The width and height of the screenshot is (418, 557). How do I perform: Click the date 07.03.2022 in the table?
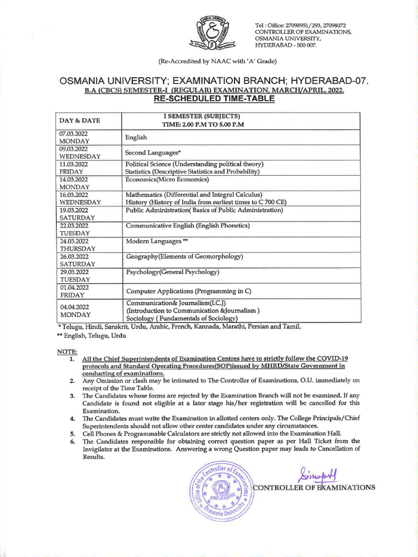(x=73, y=133)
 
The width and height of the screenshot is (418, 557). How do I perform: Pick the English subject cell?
(x=137, y=138)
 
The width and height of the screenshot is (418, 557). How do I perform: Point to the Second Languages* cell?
(x=153, y=153)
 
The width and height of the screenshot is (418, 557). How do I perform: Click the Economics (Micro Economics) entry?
(x=167, y=180)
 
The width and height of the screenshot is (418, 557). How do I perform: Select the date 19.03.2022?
(x=73, y=210)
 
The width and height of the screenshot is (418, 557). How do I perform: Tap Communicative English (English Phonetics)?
(x=188, y=225)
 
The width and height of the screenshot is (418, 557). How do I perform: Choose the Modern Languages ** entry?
(x=157, y=241)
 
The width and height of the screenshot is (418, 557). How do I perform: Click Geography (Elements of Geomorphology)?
(x=185, y=256)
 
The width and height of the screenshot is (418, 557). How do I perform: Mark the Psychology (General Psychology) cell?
(x=173, y=271)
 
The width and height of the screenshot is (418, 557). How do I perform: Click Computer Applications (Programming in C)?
(x=188, y=291)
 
